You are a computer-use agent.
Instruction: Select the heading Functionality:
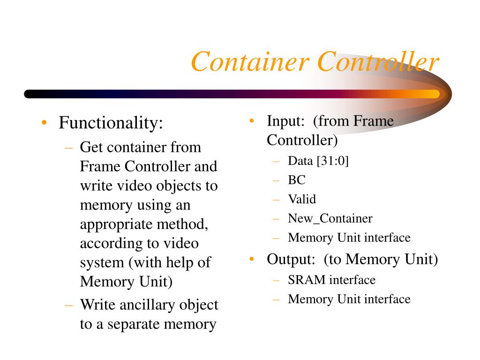111,124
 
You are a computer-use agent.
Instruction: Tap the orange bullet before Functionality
44,123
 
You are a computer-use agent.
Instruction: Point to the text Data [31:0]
318,161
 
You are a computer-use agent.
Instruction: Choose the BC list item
297,180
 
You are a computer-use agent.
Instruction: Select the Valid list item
302,199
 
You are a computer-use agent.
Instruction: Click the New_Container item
330,218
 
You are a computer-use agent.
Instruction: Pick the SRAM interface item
331,280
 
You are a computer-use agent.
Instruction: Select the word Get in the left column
90,148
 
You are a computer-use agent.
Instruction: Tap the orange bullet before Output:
252,259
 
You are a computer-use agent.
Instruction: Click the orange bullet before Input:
252,121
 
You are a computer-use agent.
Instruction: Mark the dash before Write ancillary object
69,305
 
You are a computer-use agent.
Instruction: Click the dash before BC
277,180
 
